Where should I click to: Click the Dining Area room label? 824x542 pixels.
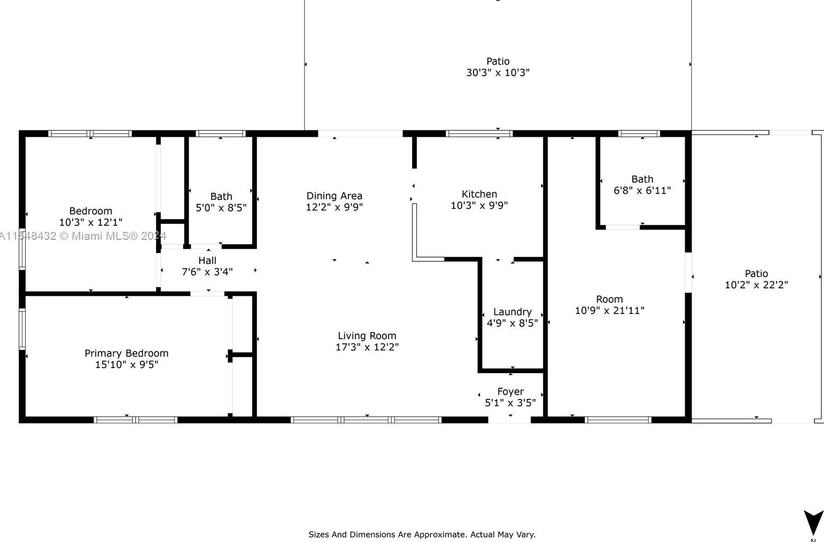click(334, 195)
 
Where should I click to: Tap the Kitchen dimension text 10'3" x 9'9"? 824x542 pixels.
click(479, 205)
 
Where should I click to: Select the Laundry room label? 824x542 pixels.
click(512, 312)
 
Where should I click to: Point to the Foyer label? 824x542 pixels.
click(510, 391)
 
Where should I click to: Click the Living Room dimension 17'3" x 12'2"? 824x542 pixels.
click(367, 347)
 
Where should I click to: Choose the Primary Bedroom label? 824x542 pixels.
click(126, 354)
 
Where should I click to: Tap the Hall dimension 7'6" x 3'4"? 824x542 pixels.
click(207, 272)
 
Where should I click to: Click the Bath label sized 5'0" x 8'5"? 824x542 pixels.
click(221, 197)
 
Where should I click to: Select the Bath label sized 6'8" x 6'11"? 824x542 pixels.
click(642, 179)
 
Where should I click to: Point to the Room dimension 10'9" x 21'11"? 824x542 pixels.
click(610, 310)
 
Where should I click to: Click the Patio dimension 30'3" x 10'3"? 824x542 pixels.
click(497, 73)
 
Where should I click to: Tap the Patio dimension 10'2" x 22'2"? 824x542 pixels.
click(756, 285)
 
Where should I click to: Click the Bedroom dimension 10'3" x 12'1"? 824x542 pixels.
click(90, 222)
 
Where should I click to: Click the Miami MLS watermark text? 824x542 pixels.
click(83, 235)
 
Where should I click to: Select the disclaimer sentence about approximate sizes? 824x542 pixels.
click(422, 535)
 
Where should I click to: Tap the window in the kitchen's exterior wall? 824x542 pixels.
click(479, 133)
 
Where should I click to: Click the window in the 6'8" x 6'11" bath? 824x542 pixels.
click(639, 133)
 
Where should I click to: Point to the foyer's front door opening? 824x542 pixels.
click(509, 420)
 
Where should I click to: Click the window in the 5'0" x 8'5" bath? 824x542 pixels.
click(220, 133)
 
